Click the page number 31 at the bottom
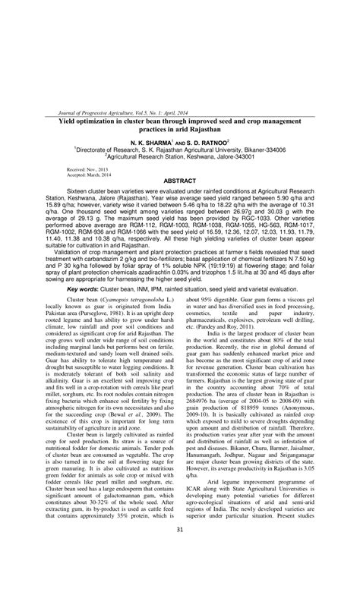tap(180, 572)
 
